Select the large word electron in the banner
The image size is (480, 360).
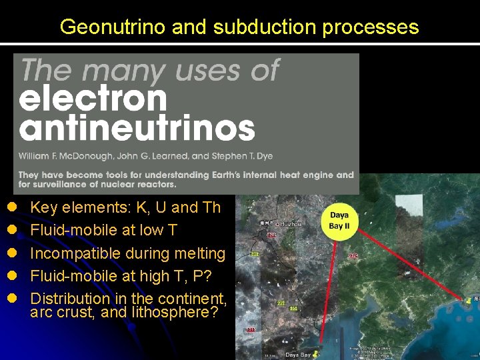point(93,99)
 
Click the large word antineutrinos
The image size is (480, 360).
point(137,128)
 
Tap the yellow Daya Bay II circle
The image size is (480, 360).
point(339,220)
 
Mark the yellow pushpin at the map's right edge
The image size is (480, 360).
point(474,301)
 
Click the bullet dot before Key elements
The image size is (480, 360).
point(11,207)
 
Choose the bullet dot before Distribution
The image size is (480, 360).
point(11,299)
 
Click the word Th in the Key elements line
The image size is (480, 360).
point(211,207)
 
